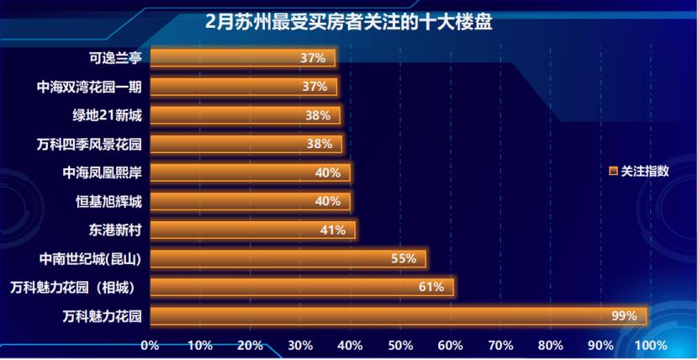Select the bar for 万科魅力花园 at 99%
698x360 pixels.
pos(399,316)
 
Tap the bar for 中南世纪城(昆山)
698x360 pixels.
pos(288,258)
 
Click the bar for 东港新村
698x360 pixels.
pos(252,230)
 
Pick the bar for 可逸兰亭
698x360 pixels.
pos(242,58)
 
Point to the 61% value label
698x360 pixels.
pos(431,287)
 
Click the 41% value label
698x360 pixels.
pos(333,230)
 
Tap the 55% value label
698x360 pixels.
pos(404,258)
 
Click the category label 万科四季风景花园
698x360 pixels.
pos(90,144)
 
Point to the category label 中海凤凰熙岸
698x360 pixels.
pos(102,172)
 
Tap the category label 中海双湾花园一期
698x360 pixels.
pos(90,87)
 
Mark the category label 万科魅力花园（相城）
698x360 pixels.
pos(78,287)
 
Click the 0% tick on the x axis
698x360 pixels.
pos(150,346)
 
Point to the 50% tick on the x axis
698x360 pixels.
pos(400,346)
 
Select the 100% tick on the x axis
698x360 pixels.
pos(651,346)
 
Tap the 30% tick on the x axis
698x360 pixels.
pos(300,346)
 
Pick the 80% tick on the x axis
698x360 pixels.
pos(550,346)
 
